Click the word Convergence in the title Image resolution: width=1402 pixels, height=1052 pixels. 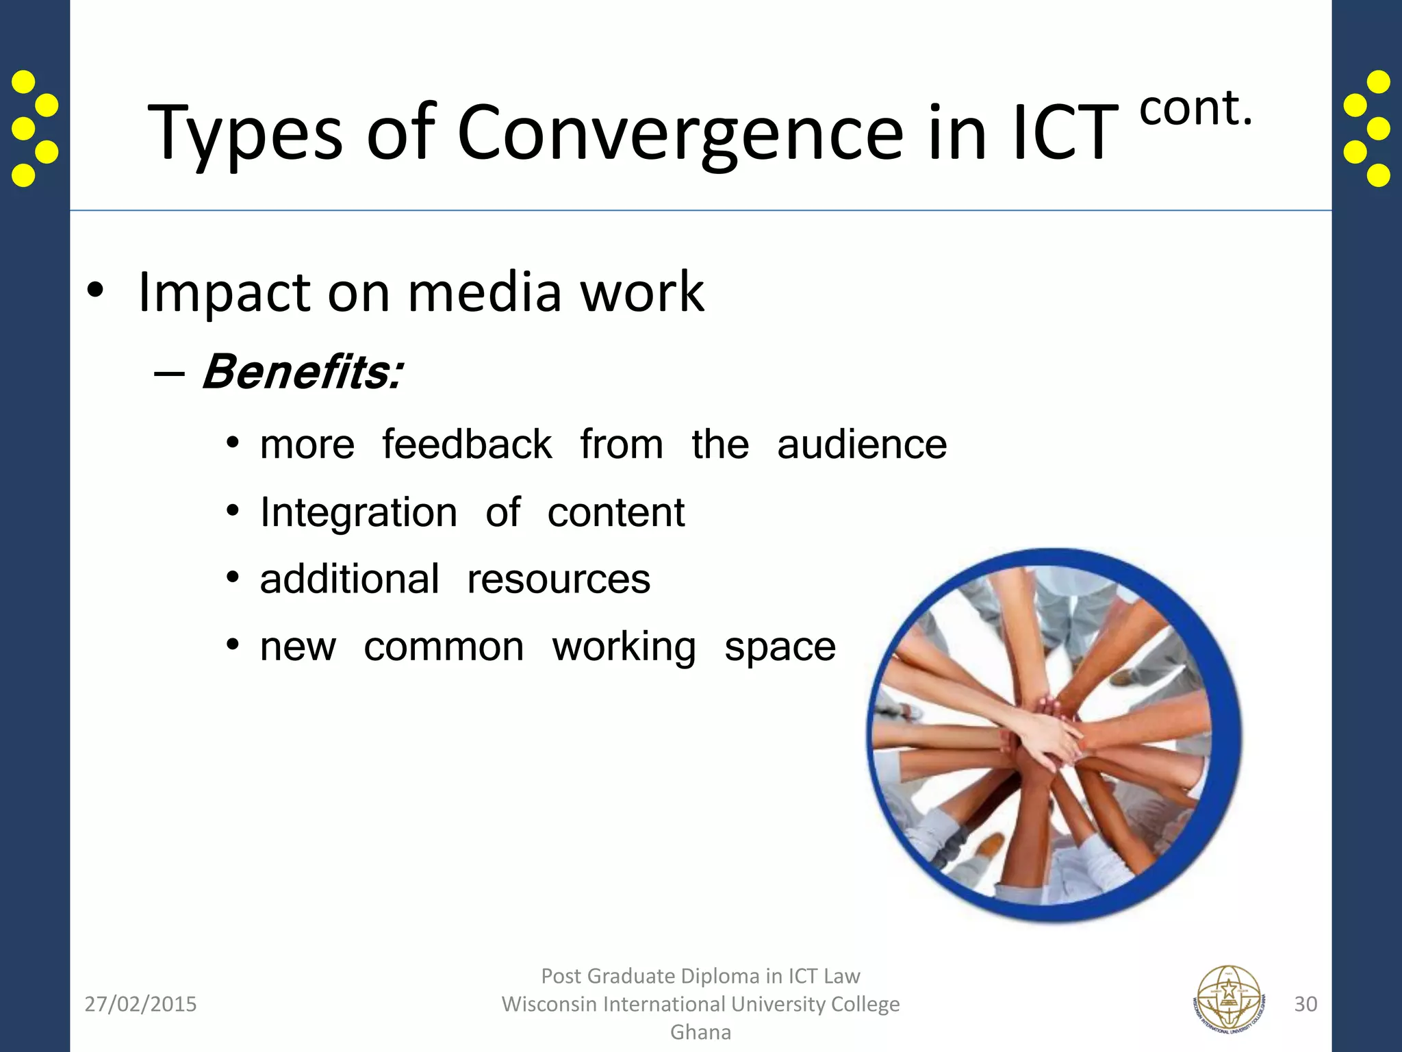point(680,134)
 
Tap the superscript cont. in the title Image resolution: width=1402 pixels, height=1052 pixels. point(1196,110)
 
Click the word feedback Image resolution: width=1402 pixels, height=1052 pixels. point(466,445)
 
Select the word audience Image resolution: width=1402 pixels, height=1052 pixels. point(862,445)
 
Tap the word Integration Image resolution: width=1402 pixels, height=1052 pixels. point(358,513)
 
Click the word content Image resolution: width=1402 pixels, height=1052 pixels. point(615,513)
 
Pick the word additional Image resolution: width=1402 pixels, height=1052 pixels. point(349,580)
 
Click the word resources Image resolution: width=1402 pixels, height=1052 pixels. point(558,580)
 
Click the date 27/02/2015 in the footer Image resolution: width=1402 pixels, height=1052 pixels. point(140,1004)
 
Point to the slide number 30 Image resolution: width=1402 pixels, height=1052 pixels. point(1305,1004)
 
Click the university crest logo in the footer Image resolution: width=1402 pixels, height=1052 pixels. point(1229,1002)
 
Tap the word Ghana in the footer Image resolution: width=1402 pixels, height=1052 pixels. point(700,1032)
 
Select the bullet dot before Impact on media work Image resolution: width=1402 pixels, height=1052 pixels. point(95,292)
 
